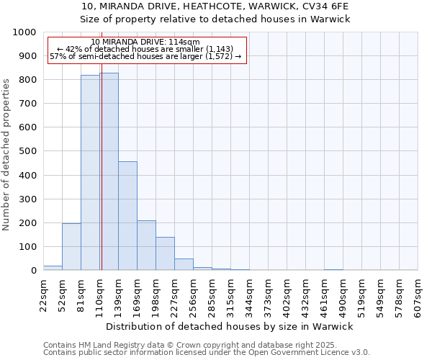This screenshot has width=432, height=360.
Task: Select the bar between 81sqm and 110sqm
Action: [x=90, y=173]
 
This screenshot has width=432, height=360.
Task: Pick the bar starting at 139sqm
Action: [x=127, y=216]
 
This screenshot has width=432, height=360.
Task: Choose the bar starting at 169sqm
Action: [x=146, y=246]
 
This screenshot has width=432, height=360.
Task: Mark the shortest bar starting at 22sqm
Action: [x=53, y=268]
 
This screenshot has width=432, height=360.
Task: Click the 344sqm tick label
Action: [x=249, y=295]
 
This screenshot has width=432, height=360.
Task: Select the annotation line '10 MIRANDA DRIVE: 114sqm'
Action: [x=146, y=42]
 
